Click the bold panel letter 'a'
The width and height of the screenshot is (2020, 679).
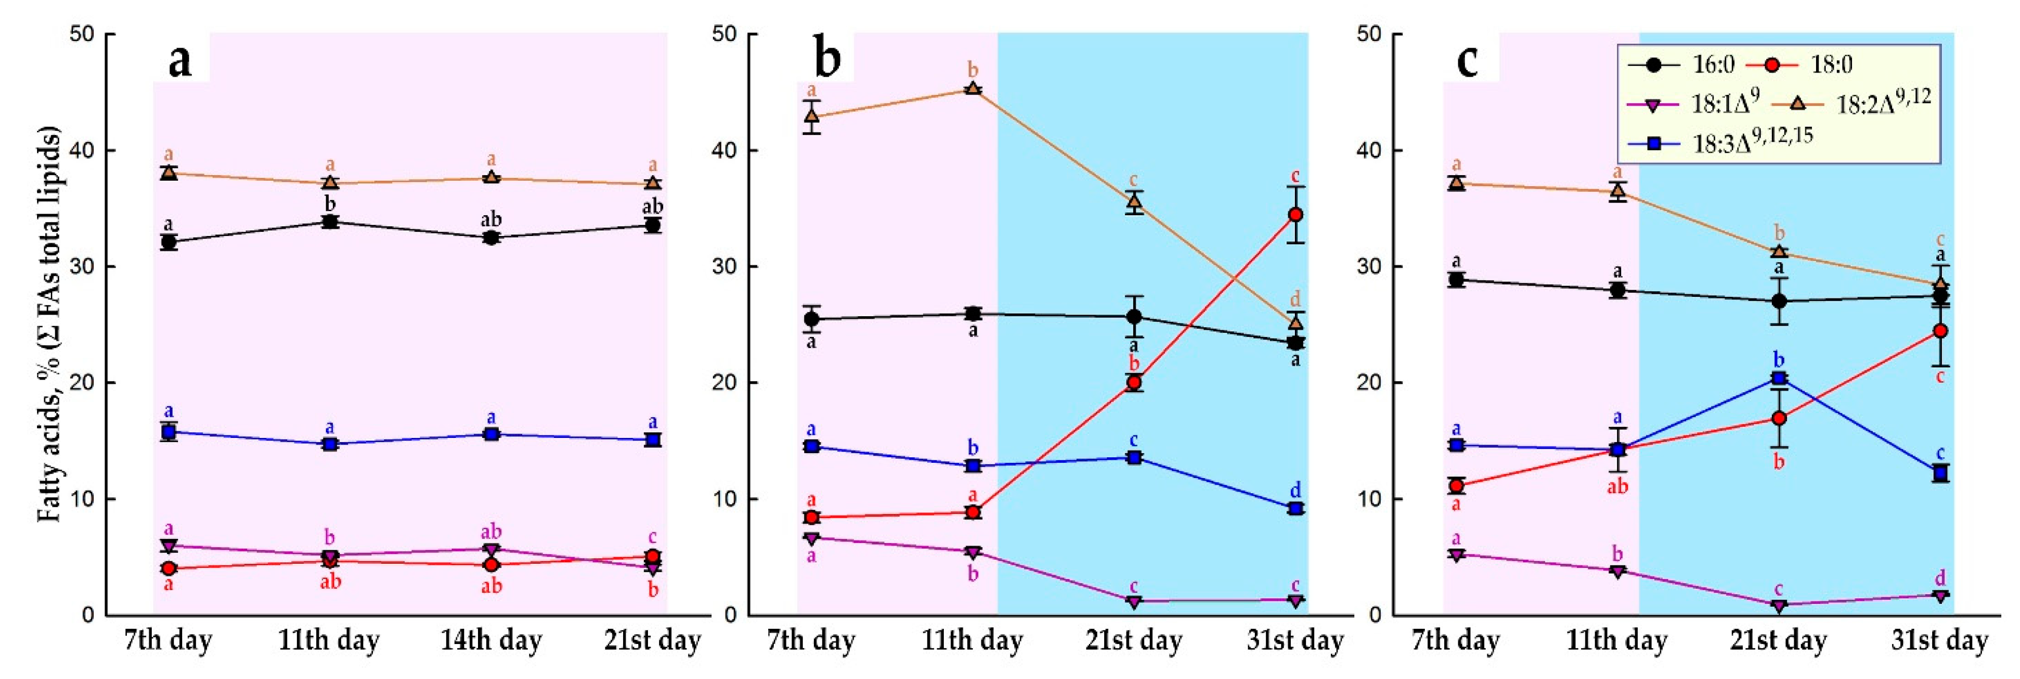180,59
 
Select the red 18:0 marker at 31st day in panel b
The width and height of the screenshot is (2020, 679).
1295,215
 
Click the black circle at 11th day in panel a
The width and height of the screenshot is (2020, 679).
330,222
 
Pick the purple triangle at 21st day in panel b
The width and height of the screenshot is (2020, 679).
1134,601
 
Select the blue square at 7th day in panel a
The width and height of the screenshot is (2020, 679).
168,432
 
